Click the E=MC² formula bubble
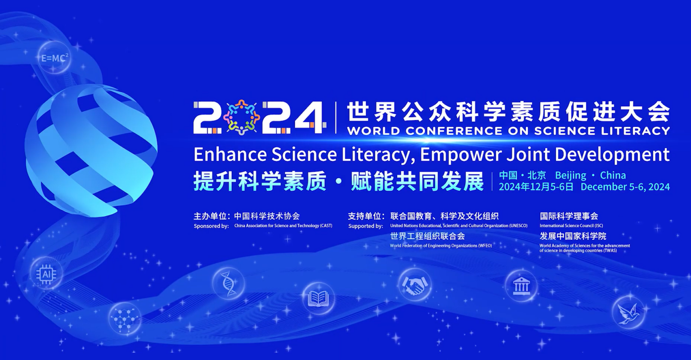click(54, 58)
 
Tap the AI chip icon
click(46, 273)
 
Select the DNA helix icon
click(229, 283)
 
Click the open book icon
click(319, 298)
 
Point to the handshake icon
click(415, 285)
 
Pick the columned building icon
click(521, 286)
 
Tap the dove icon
click(628, 312)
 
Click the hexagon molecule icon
click(125, 319)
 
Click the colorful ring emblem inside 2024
click(242, 117)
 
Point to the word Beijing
click(571, 175)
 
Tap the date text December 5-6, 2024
click(625, 187)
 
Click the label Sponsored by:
click(211, 226)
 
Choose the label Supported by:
click(366, 226)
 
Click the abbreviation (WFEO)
click(485, 246)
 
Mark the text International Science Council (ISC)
click(571, 226)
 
